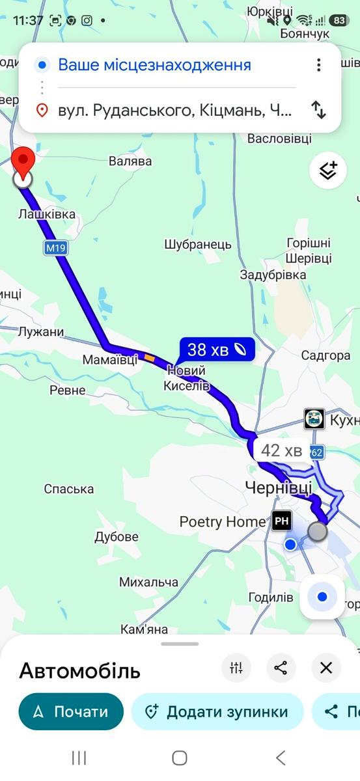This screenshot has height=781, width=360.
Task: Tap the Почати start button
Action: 71,711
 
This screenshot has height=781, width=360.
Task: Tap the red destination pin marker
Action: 23,161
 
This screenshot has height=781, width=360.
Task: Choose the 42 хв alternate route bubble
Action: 281,450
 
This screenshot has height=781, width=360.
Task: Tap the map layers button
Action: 328,170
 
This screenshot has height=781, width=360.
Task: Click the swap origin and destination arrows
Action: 318,110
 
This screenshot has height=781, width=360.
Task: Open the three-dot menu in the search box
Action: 318,65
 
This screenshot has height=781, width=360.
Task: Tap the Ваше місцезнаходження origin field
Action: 154,65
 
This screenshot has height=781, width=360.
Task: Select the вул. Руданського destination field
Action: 174,111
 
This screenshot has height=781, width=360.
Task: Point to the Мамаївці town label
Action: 110,359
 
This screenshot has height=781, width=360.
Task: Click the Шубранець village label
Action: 198,245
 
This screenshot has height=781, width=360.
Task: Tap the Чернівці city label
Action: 278,487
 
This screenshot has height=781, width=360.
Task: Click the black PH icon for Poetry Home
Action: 282,521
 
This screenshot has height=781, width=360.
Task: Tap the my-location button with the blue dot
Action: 322,597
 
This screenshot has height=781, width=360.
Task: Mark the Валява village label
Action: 130,161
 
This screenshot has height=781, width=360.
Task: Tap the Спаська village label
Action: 69,489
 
